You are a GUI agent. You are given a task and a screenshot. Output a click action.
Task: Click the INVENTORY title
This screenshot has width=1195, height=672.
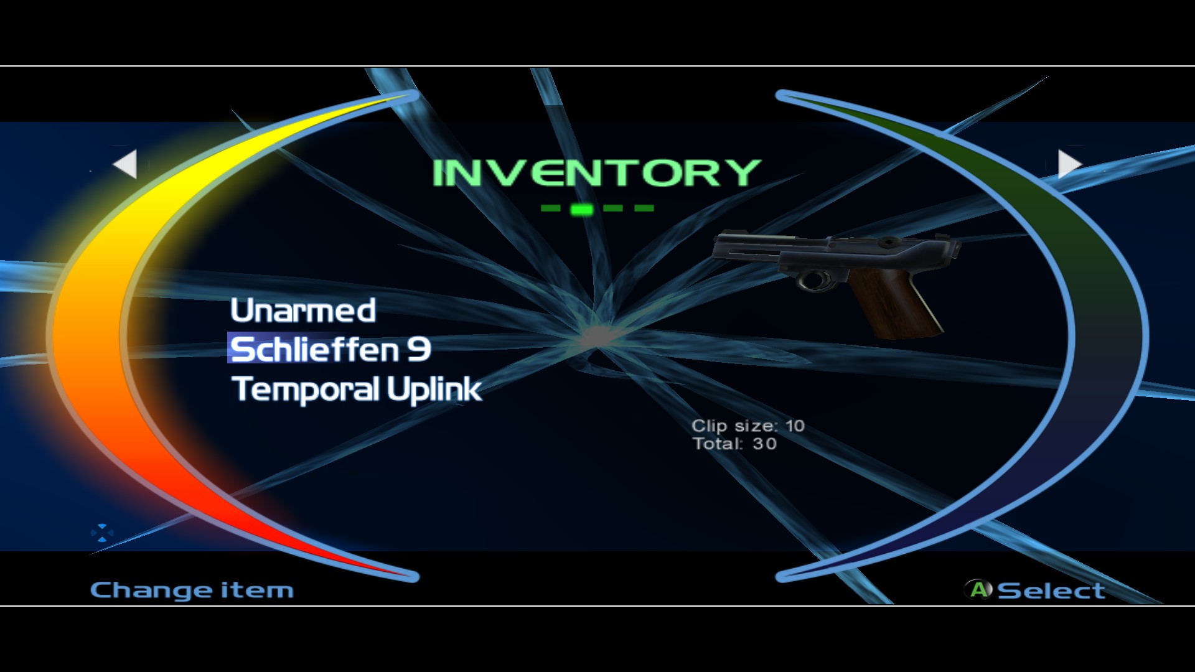click(596, 173)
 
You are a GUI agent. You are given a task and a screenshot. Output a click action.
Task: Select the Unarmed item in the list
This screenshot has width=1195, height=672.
click(303, 310)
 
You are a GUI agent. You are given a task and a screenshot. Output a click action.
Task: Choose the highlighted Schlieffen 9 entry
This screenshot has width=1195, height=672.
click(330, 349)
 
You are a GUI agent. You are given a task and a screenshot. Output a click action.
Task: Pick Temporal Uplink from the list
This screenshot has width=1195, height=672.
click(357, 390)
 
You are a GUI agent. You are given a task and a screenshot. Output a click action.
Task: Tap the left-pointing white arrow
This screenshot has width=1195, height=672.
click(126, 164)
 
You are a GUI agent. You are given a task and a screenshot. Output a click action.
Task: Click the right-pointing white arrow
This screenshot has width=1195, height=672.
click(1069, 164)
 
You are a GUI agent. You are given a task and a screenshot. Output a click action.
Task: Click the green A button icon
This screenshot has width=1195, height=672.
click(979, 589)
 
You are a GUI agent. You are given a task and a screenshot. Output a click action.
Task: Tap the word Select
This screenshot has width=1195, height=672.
click(1051, 590)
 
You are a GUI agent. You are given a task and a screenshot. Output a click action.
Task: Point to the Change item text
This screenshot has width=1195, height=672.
click(192, 590)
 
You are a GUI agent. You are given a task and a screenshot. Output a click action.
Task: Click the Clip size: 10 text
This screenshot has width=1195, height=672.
click(748, 426)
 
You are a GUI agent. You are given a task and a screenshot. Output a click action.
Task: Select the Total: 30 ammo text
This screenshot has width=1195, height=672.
click(734, 444)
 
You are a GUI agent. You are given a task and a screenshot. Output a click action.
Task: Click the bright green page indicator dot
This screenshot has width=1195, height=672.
click(581, 209)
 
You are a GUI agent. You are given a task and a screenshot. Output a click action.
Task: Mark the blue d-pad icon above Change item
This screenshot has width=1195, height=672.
click(102, 533)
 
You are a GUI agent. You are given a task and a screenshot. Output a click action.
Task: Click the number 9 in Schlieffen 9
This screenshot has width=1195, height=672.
click(419, 349)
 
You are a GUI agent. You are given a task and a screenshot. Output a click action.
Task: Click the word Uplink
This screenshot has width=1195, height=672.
click(434, 390)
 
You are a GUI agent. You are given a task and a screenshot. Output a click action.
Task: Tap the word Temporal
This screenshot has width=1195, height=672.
click(305, 390)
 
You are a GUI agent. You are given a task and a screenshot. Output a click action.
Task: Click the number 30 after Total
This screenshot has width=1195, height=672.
click(765, 444)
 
